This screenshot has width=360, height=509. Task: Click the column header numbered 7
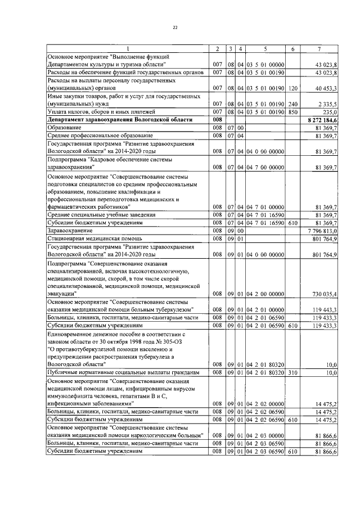tap(319, 49)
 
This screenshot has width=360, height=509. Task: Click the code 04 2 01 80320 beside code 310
tap(265, 372)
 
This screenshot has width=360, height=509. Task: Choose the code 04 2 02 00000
tap(265, 404)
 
